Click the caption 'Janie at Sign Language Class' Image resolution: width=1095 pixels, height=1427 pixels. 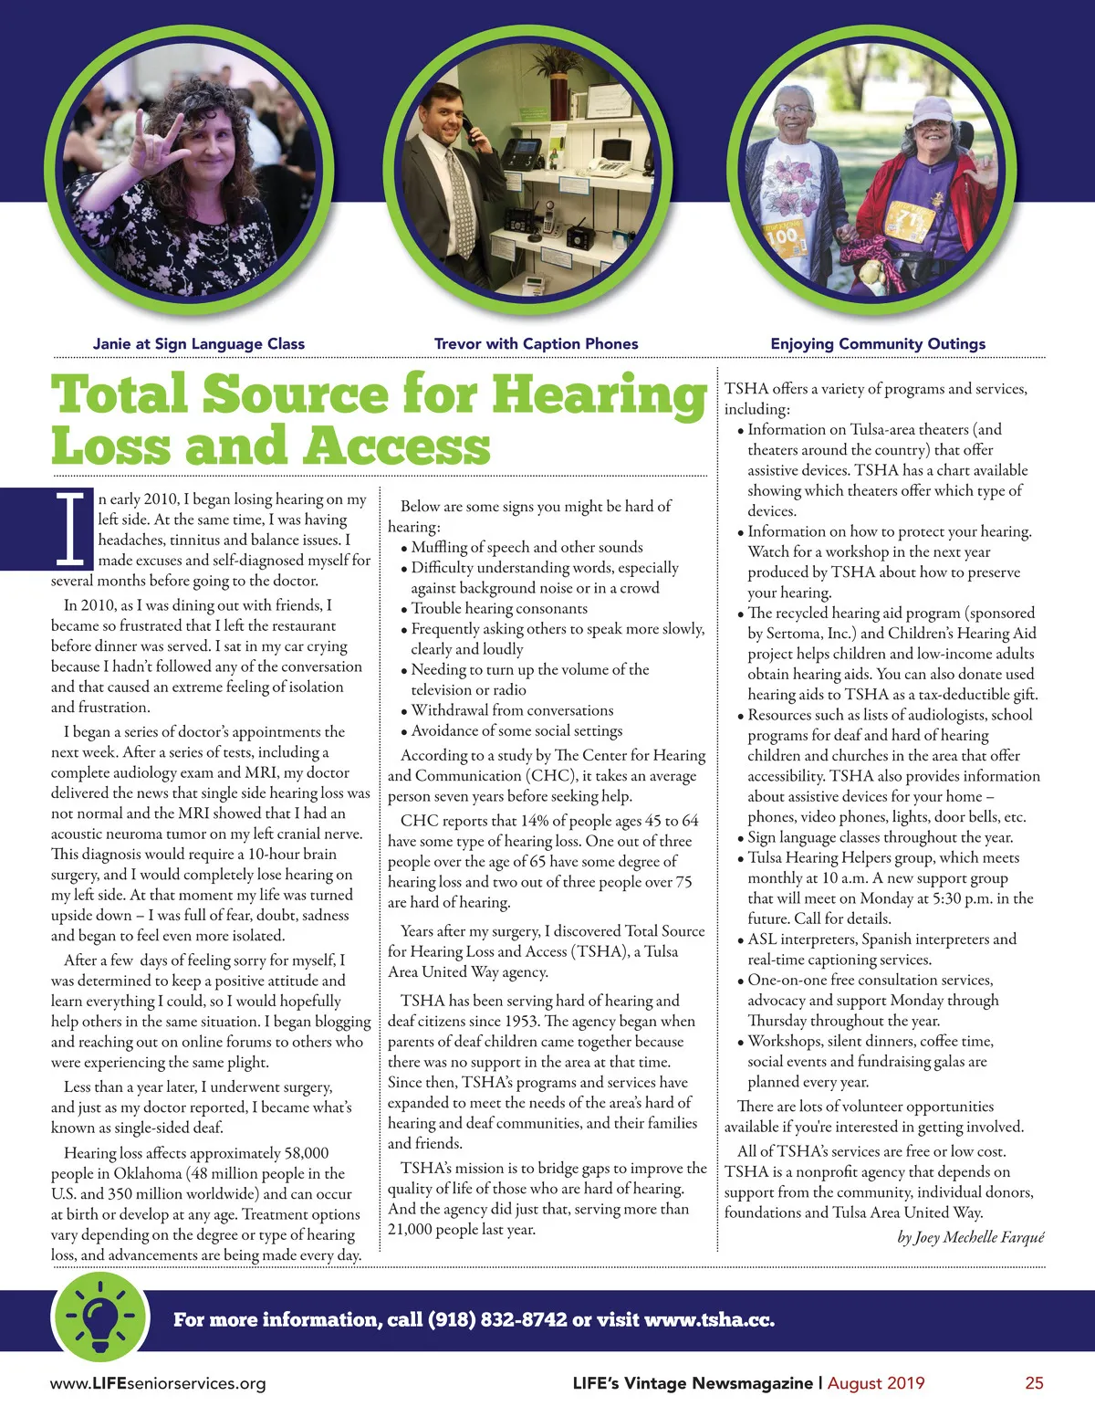coord(199,344)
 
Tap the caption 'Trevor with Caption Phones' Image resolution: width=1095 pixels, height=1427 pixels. coord(536,344)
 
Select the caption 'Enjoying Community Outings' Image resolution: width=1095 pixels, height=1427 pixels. coord(878,344)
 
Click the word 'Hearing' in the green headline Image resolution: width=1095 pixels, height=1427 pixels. coord(600,394)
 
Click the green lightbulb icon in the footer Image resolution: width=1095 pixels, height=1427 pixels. coord(99,1317)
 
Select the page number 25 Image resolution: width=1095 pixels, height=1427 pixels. coord(1034,1383)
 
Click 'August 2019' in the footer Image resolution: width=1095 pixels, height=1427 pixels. coord(876,1383)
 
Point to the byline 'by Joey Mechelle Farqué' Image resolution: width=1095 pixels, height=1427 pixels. coord(970,1238)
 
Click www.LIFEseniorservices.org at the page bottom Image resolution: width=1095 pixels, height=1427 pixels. coord(158,1383)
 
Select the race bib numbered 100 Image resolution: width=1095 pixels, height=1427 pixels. coord(783,239)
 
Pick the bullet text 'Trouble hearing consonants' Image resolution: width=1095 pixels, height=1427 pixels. coord(499,609)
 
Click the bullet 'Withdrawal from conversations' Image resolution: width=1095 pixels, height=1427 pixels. coord(512,710)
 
